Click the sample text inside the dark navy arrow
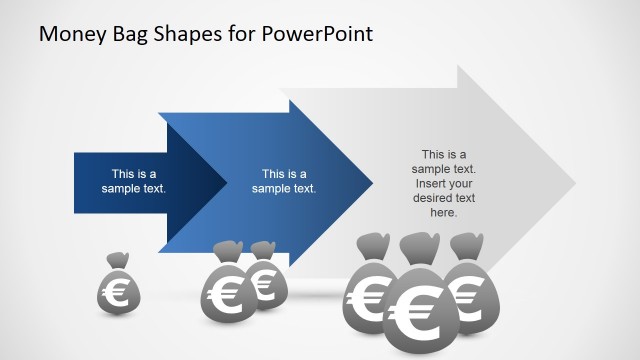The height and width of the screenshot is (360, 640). (x=133, y=180)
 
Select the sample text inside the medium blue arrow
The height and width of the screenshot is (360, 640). (x=283, y=180)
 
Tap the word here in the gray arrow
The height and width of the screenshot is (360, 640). (x=443, y=212)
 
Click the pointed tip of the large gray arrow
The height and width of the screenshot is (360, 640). (x=574, y=183)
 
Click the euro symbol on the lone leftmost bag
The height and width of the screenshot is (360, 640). (x=118, y=294)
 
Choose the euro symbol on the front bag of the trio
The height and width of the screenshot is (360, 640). (x=420, y=318)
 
